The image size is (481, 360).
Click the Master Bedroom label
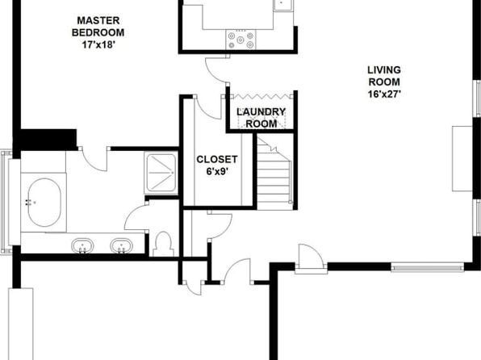click(x=98, y=27)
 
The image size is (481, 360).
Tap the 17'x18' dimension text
click(x=98, y=45)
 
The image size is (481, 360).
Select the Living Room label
click(x=384, y=76)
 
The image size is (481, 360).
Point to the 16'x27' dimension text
click(x=384, y=94)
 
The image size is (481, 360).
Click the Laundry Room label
click(x=261, y=118)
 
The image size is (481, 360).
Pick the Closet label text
click(x=217, y=159)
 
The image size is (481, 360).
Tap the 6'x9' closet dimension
click(x=217, y=171)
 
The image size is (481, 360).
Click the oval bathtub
click(x=44, y=203)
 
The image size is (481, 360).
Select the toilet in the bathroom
click(x=163, y=244)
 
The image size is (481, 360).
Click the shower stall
click(x=161, y=173)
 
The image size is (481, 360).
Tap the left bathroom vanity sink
click(x=82, y=246)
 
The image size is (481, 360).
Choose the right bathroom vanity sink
click(x=122, y=246)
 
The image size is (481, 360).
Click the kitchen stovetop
click(x=240, y=40)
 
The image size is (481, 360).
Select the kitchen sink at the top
click(x=283, y=5)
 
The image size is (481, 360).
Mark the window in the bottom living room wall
click(x=428, y=267)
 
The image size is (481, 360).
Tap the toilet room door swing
click(x=134, y=216)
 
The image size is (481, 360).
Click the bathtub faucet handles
click(x=28, y=202)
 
